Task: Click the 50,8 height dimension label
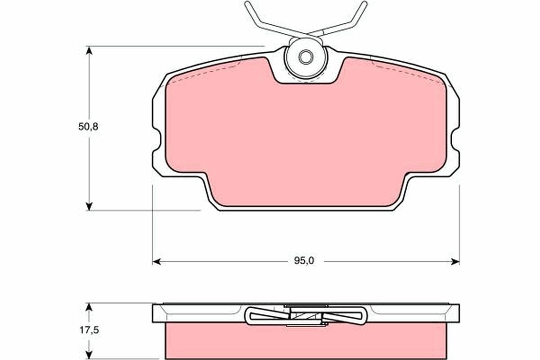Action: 88,127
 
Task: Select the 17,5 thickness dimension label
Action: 88,330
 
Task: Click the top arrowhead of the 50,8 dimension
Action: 89,49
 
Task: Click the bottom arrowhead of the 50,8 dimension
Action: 89,206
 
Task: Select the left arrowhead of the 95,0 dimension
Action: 156,261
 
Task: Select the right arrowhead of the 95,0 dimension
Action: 455,261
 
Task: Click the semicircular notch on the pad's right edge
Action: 455,141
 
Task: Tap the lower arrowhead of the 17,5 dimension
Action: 89,355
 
